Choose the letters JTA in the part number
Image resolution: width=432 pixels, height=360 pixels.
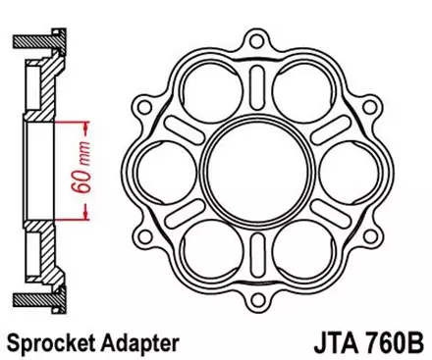tap(330, 343)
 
